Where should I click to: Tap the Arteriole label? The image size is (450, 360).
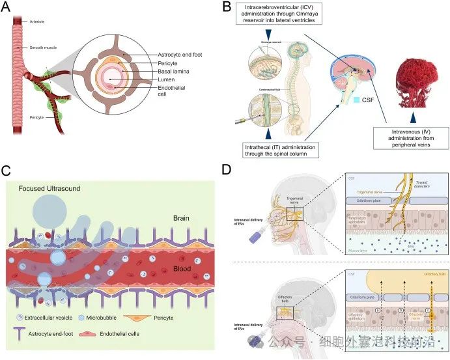pos(38,21)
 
